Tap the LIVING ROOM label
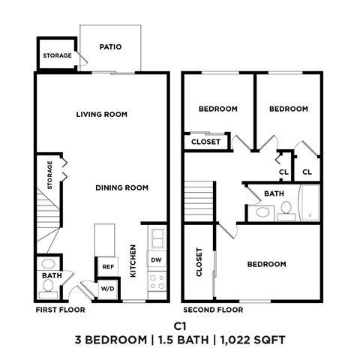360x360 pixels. [101, 115]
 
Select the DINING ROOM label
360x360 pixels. [121, 187]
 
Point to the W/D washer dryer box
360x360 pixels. [107, 289]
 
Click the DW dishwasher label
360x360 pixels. [156, 260]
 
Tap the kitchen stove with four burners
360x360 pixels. [157, 282]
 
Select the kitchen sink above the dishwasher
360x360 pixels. [157, 239]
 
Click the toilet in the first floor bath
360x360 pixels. [48, 264]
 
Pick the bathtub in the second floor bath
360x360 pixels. [309, 202]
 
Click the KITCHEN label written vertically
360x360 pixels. [133, 262]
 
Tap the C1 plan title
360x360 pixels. [180, 326]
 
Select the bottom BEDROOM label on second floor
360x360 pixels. [266, 264]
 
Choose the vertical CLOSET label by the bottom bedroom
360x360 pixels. [199, 262]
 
